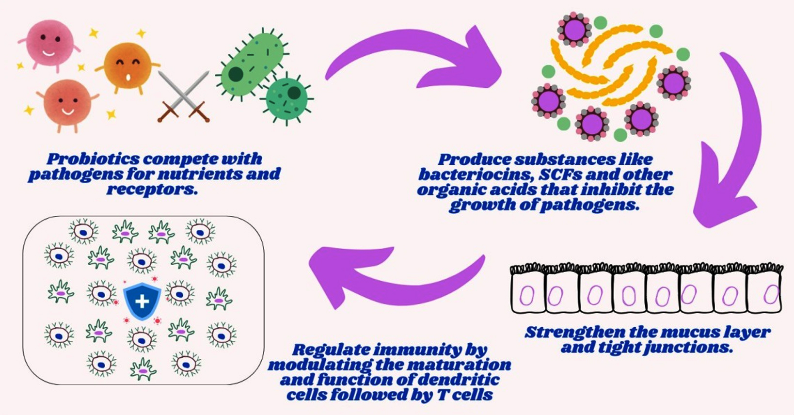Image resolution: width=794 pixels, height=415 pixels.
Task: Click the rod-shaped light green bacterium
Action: click(x=253, y=64)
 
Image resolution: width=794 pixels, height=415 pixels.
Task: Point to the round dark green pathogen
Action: click(x=286, y=97)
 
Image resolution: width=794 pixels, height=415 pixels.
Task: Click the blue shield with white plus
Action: click(x=142, y=301)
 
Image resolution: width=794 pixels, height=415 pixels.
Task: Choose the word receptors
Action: click(x=152, y=190)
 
